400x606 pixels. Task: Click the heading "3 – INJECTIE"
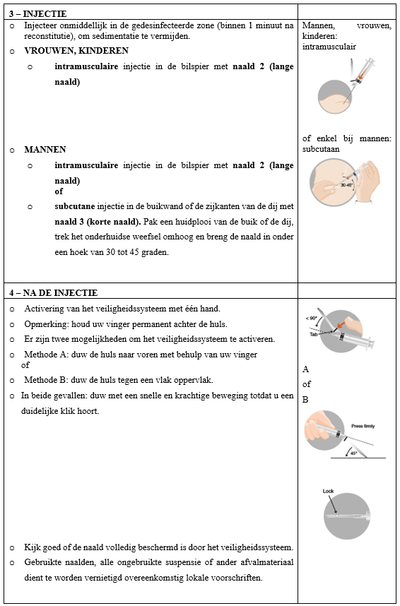point(38,14)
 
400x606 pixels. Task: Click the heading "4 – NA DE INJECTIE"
point(54,293)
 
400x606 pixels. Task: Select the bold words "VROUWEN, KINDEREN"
point(76,51)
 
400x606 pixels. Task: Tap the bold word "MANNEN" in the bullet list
point(45,150)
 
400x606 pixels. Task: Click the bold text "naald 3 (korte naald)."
point(97,222)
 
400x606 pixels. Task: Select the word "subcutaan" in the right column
point(321,149)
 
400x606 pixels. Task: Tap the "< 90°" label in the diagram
point(312,318)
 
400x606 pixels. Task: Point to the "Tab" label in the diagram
point(314,333)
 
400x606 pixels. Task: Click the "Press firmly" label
point(363,427)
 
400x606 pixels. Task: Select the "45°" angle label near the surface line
point(353,453)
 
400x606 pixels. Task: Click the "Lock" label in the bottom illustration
point(328,491)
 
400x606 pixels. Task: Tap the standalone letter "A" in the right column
point(305,369)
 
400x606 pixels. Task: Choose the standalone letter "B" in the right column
point(305,400)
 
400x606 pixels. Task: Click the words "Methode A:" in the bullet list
point(42,355)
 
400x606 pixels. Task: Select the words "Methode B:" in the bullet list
point(42,380)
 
